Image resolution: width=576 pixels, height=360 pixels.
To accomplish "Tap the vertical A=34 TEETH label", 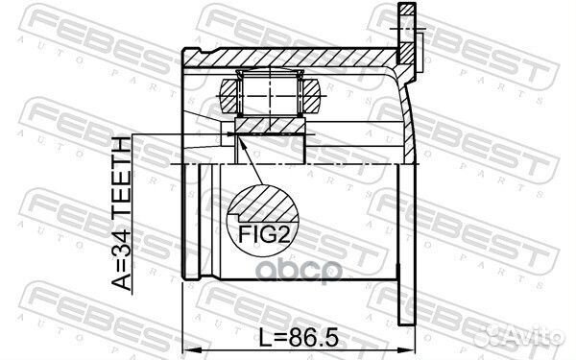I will (123, 215).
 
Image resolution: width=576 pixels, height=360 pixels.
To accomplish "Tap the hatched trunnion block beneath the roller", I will (269, 129).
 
